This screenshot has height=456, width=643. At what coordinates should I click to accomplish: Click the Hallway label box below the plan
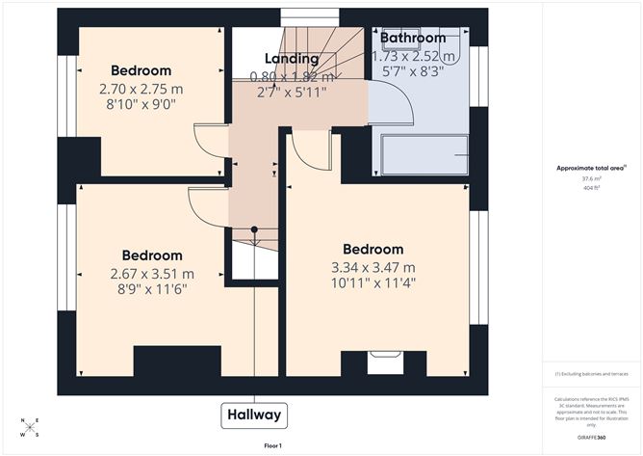coord(255,416)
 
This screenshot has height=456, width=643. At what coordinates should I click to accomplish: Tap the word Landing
coord(292,60)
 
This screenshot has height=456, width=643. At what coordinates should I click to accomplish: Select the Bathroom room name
coord(413,39)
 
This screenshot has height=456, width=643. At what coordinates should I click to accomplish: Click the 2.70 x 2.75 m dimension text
coord(141,89)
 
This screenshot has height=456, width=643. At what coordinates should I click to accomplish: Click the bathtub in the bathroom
coord(424,155)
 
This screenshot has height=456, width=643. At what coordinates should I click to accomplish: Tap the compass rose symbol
coord(30,427)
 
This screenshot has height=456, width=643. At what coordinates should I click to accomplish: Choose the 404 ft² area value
coord(590,188)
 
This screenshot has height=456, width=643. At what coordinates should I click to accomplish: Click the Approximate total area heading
coord(589,168)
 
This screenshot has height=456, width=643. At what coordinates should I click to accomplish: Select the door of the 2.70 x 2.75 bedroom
coord(213,142)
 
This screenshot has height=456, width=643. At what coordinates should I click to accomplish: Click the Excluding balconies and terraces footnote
coord(590,373)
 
